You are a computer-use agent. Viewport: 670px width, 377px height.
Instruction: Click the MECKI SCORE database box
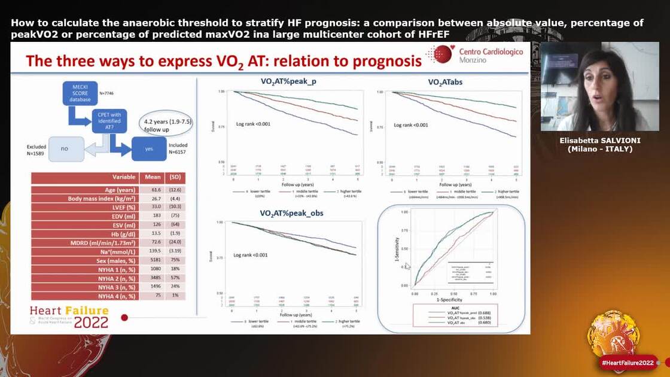[x=80, y=96]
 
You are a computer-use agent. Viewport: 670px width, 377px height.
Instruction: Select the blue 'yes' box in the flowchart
[x=149, y=148]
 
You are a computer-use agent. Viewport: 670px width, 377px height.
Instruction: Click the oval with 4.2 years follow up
[x=167, y=124]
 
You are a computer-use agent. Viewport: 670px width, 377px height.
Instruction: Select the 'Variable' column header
[x=124, y=178]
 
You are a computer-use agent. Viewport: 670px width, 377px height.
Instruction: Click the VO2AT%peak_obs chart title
[x=287, y=212]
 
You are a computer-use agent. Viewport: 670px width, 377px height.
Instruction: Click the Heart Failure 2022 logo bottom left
[x=69, y=317]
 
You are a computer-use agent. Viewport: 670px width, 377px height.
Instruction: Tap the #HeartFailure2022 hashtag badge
[x=628, y=363]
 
